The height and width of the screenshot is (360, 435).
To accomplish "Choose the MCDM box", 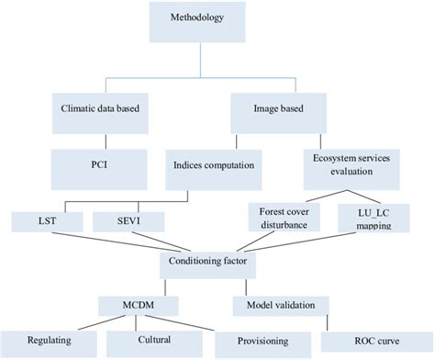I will tap(136, 303).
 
